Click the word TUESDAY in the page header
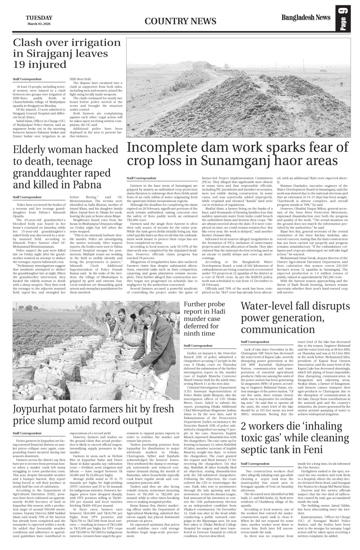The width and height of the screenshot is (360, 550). click(39, 18)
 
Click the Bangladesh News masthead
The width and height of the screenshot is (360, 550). click(306, 18)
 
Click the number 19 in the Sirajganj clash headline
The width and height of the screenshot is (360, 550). click(21, 65)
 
